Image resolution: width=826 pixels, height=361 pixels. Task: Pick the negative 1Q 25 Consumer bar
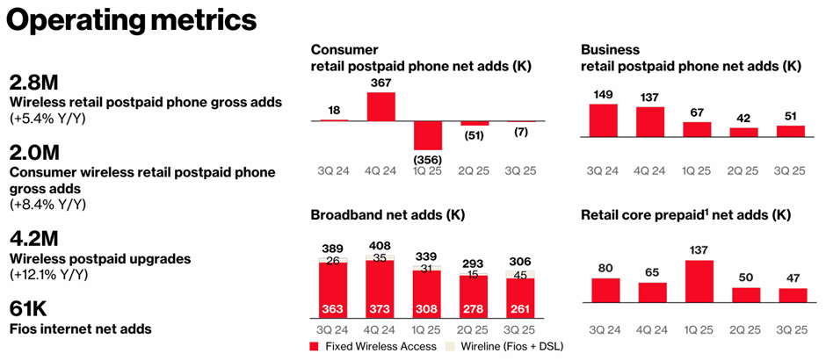click(428, 135)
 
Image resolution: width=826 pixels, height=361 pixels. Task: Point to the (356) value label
click(428, 159)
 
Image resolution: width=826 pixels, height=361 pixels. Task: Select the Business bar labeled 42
click(743, 132)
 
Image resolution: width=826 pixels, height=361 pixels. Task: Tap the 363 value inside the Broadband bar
click(333, 309)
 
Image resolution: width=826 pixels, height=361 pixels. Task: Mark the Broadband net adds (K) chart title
click(388, 214)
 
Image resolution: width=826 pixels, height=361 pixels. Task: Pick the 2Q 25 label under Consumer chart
click(475, 169)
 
